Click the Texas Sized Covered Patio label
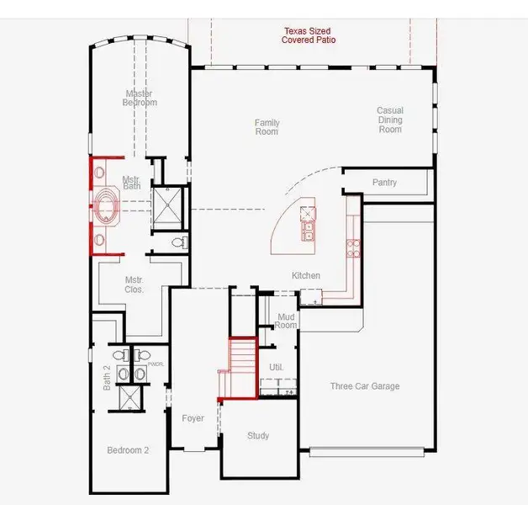click(309, 35)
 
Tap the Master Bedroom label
click(141, 98)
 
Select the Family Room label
click(267, 127)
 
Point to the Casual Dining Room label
click(390, 120)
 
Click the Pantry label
click(384, 183)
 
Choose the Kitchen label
click(306, 276)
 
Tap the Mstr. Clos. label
click(135, 284)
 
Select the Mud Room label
click(287, 321)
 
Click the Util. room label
click(276, 368)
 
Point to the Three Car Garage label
click(364, 386)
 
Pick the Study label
click(258, 436)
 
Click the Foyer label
click(193, 418)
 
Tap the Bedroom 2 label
click(128, 450)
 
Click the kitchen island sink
click(309, 226)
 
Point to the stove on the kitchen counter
click(353, 247)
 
